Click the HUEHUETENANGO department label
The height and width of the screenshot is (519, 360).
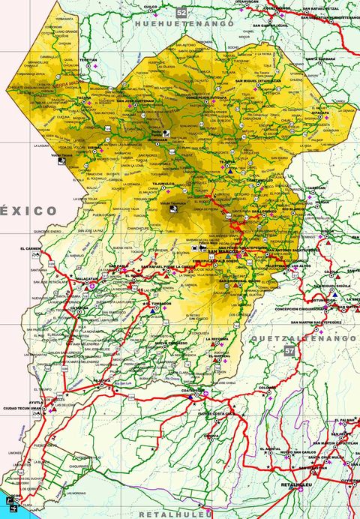[184, 25]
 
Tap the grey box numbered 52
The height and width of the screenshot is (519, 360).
[181, 13]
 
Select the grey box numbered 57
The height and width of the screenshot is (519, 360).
[289, 350]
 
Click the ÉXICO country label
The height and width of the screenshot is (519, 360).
[28, 210]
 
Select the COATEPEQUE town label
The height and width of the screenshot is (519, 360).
[193, 389]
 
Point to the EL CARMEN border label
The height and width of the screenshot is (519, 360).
[30, 247]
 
